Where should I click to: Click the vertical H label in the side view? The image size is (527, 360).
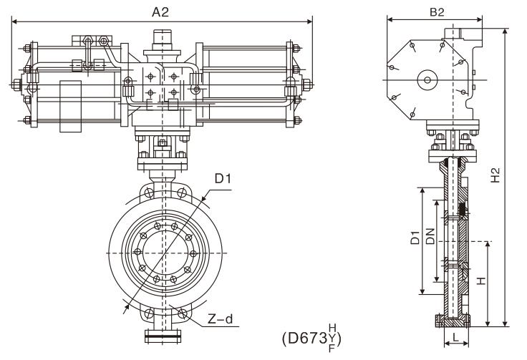coord(480,281)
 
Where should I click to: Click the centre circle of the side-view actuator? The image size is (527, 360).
coord(428,80)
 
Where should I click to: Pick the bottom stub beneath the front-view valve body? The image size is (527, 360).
coord(166,334)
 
